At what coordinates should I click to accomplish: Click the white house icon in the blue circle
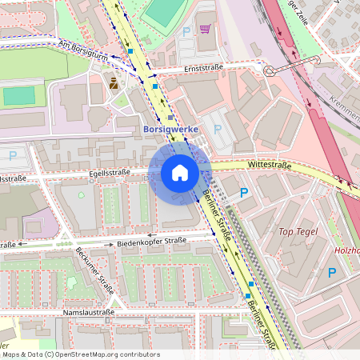179,173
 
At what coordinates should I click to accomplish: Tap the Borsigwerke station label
170,129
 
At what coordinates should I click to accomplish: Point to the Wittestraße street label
270,164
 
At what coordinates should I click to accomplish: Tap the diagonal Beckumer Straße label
94,266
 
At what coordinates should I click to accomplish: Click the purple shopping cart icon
205,29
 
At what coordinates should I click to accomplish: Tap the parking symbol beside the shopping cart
186,31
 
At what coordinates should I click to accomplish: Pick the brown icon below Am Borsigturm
114,82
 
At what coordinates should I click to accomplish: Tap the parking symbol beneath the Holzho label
331,273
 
